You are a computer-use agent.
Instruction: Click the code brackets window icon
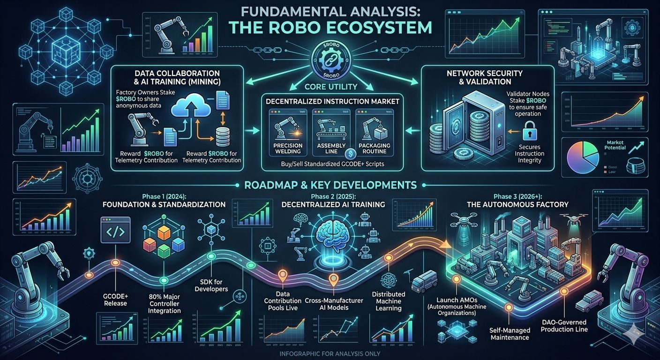pyautogui.click(x=115, y=233)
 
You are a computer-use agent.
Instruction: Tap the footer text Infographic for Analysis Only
pyautogui.click(x=330, y=353)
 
